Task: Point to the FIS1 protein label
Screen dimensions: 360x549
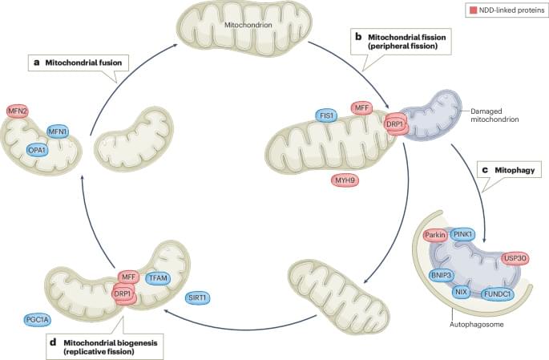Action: pyautogui.click(x=326, y=114)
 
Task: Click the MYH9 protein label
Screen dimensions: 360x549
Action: pyautogui.click(x=345, y=180)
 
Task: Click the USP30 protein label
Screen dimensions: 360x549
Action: pyautogui.click(x=515, y=258)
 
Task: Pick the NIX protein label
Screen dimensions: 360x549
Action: pyautogui.click(x=461, y=292)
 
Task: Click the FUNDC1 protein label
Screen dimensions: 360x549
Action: pyautogui.click(x=498, y=293)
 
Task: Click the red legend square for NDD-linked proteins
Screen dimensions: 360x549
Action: pyautogui.click(x=471, y=10)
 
